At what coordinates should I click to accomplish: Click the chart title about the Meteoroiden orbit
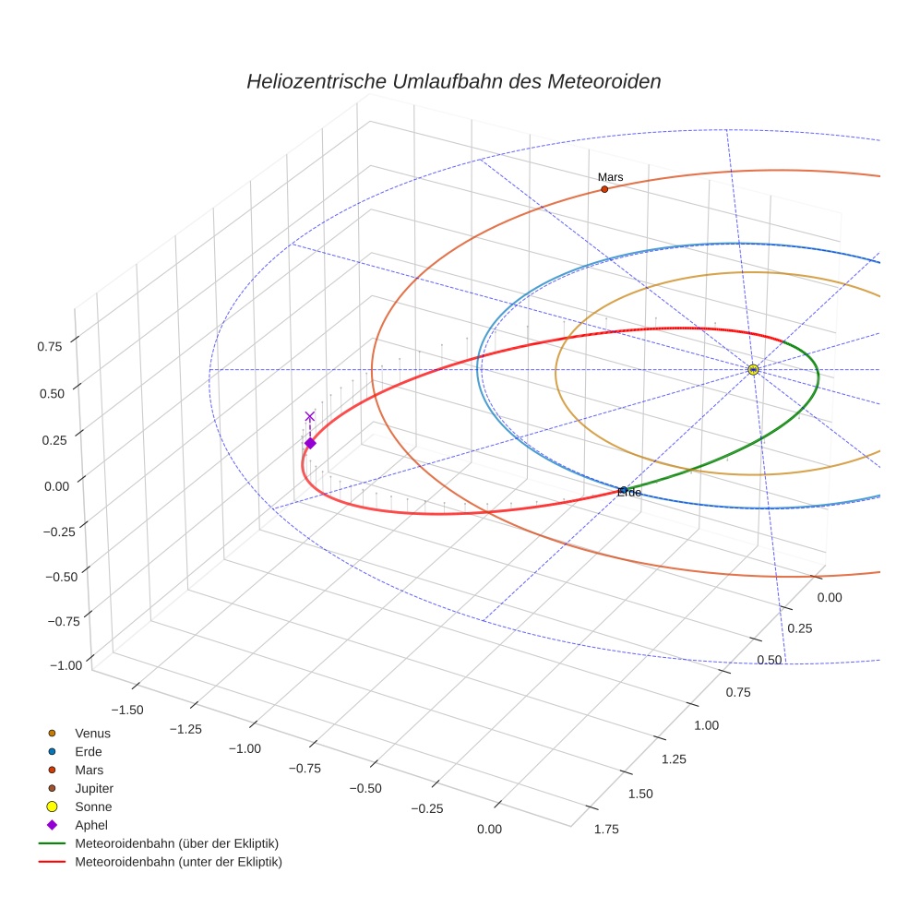click(453, 81)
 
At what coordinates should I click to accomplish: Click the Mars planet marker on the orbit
click(604, 189)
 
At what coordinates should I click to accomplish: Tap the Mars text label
click(610, 176)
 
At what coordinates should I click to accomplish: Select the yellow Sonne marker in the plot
click(753, 370)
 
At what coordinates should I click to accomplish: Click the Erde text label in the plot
click(629, 493)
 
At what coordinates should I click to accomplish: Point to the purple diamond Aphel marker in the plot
click(310, 443)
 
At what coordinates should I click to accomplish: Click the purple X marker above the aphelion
click(310, 416)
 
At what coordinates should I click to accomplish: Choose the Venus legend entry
click(92, 733)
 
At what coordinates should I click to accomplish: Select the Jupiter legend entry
click(94, 788)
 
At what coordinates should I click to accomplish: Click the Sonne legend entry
click(93, 806)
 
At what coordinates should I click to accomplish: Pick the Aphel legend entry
click(91, 825)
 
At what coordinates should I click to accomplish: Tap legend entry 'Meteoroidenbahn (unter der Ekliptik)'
click(178, 862)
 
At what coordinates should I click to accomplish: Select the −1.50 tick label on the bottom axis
click(126, 709)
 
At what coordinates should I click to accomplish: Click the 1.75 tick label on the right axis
click(606, 829)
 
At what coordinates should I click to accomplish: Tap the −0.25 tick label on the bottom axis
click(427, 808)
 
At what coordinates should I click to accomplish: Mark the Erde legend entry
click(89, 751)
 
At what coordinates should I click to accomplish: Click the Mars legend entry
click(89, 770)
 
